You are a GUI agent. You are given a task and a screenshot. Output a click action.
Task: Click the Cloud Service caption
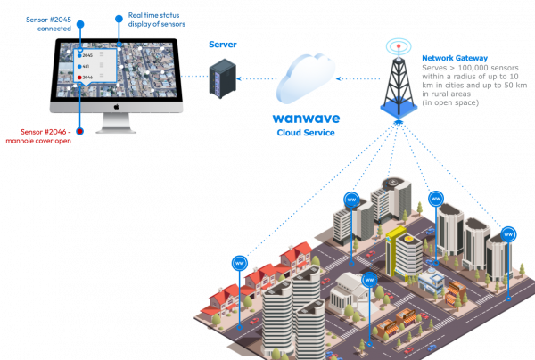(x=306, y=132)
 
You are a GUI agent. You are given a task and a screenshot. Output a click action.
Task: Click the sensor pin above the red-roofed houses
(x=239, y=263)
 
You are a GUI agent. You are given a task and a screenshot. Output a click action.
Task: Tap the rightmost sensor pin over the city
(x=508, y=233)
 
